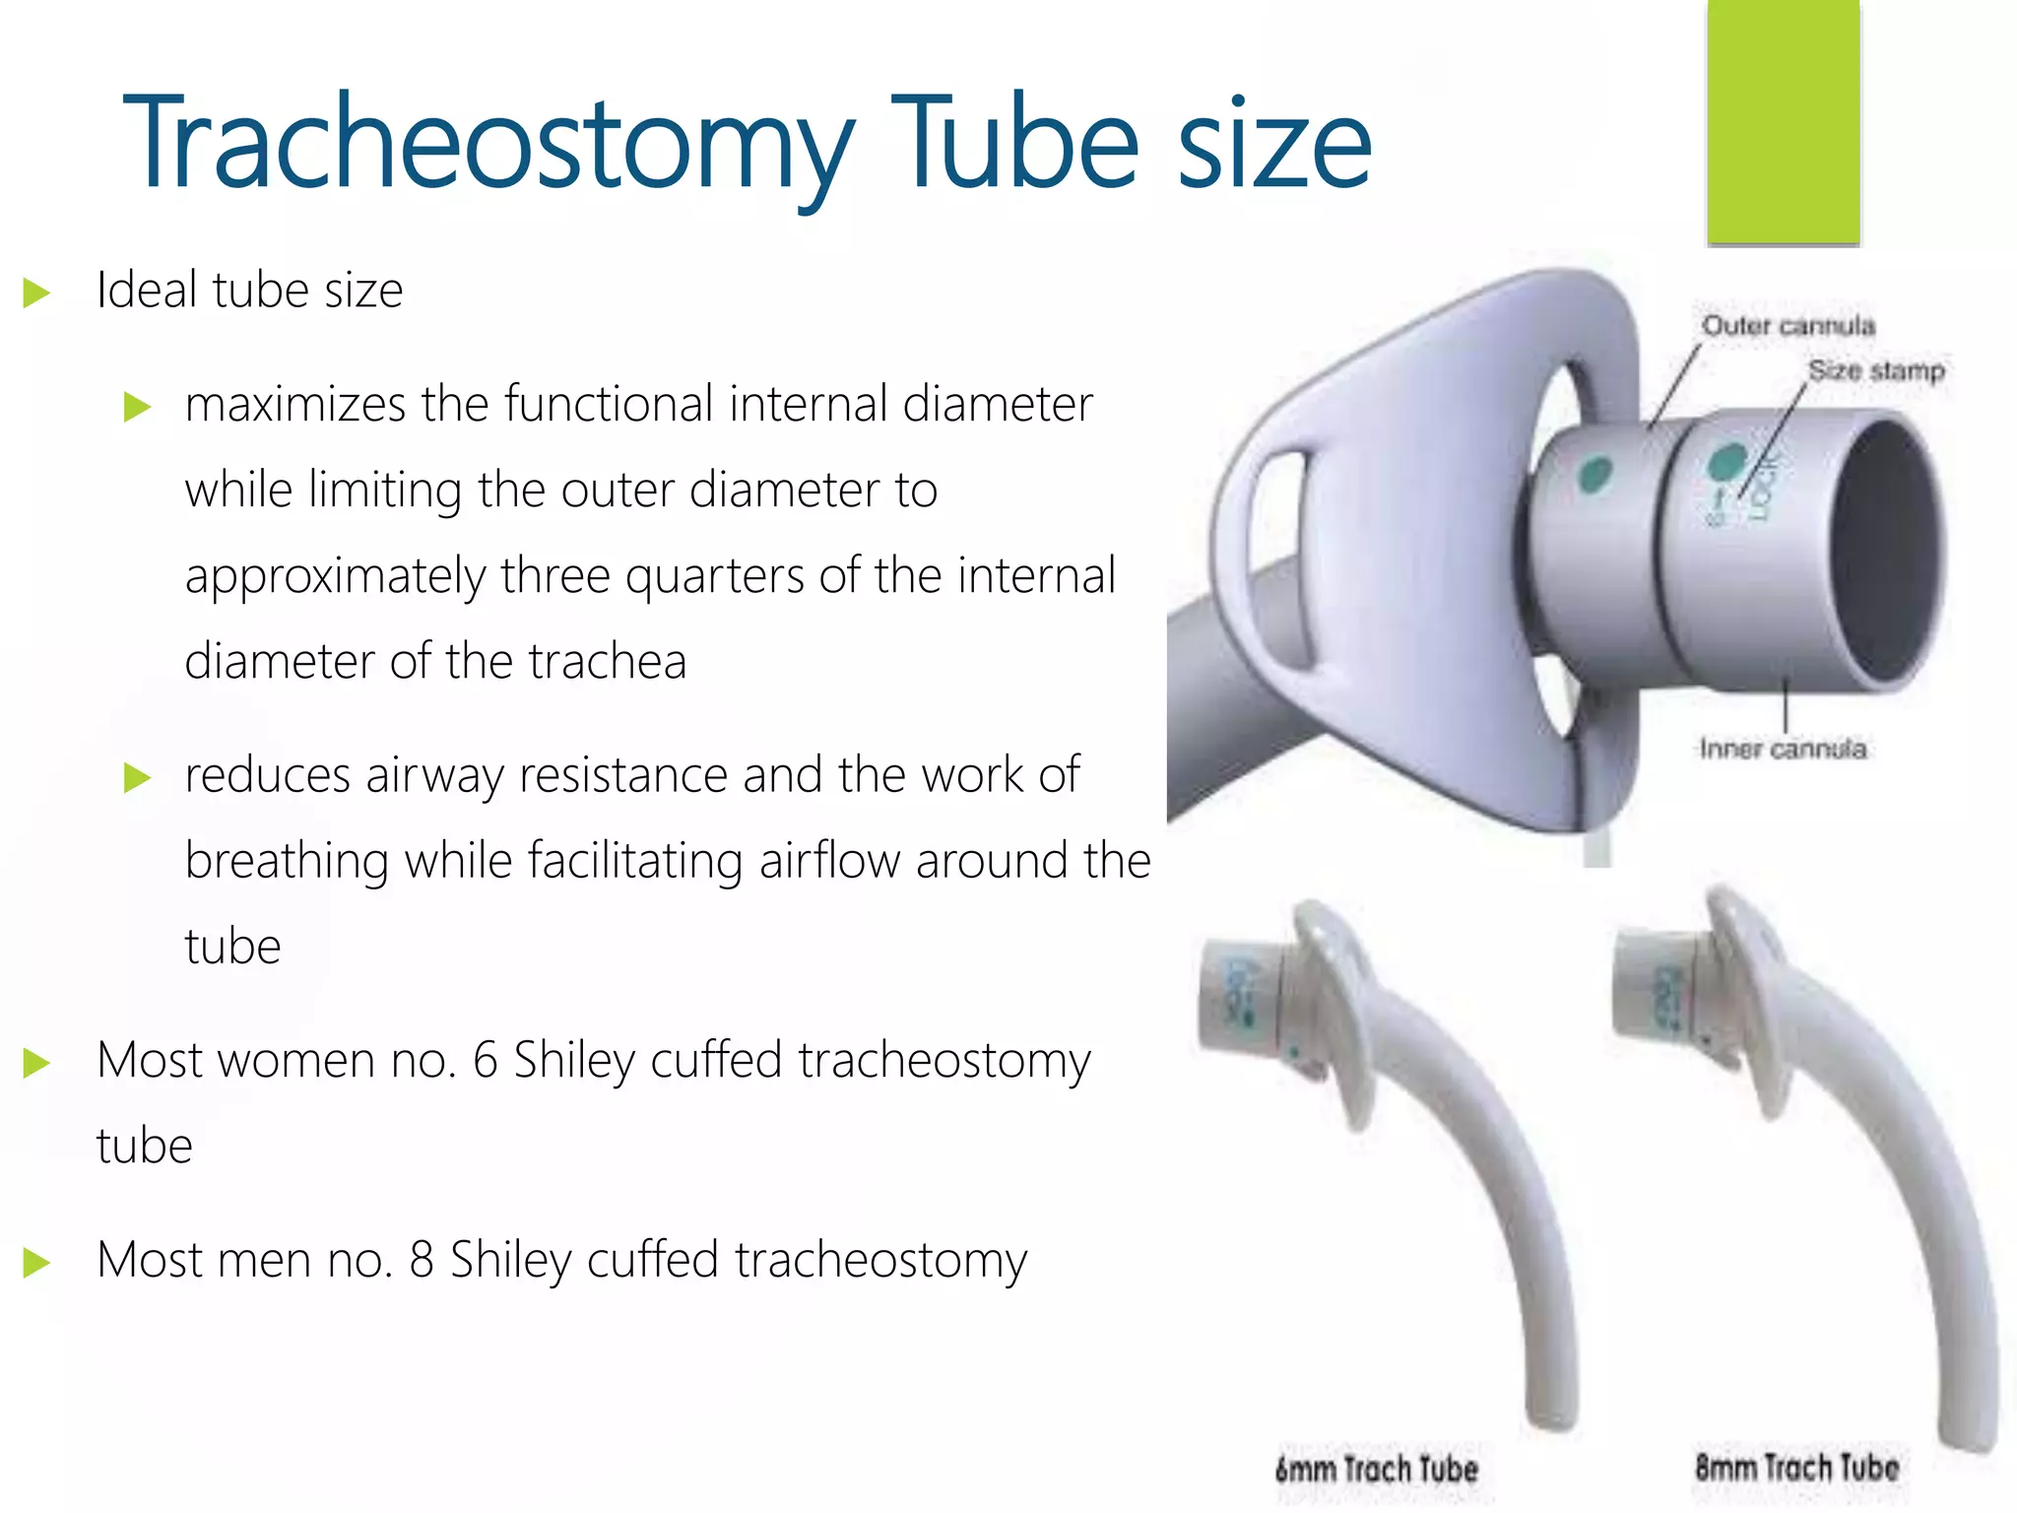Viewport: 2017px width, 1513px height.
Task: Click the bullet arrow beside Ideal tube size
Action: coord(36,293)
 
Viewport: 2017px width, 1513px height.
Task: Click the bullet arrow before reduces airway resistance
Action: coord(137,778)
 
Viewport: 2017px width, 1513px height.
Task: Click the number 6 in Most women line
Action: coord(485,1062)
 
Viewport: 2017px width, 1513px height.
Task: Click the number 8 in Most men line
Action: coord(421,1261)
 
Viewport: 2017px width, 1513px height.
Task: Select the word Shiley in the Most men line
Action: coord(510,1261)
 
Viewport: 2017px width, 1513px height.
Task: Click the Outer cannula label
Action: coord(1788,326)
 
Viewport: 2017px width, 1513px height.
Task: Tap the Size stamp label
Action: coord(1875,371)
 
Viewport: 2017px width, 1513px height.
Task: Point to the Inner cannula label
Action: coord(1782,750)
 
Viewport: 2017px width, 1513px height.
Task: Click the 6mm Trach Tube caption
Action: coord(1376,1470)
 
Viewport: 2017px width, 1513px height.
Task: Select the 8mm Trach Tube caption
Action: coord(1796,1467)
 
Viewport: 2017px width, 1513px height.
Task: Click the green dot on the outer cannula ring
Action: coord(1594,475)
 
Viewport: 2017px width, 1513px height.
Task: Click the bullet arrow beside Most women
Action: coord(36,1063)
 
